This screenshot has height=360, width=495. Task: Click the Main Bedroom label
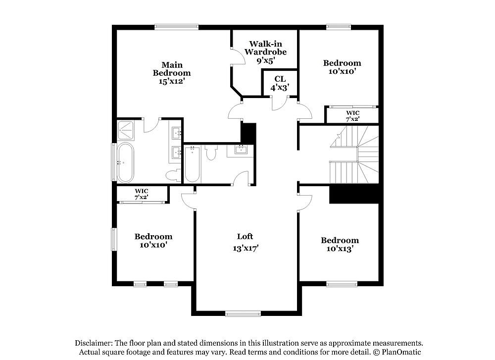pos(172,69)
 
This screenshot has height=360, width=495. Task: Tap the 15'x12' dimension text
pos(172,82)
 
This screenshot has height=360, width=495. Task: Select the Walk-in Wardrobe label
pos(265,48)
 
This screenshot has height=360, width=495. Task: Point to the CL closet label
pos(280,79)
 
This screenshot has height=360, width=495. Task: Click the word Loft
pos(245,236)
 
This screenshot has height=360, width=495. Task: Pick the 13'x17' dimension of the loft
pos(246,248)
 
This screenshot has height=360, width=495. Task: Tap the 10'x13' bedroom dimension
pos(340,249)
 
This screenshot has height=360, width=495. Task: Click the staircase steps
pos(354,154)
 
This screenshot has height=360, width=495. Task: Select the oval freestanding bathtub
pos(125,162)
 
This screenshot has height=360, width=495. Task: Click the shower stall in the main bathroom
pos(126,130)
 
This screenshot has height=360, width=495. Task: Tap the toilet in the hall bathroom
pos(211,152)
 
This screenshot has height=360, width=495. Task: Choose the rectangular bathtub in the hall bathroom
pos(192,164)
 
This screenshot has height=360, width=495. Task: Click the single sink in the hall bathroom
pos(241,150)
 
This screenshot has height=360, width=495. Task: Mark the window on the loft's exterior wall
pos(243,313)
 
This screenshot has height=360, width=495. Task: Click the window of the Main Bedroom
pos(177,27)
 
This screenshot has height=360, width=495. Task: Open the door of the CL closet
pos(279,104)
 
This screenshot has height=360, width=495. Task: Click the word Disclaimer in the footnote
pos(93,343)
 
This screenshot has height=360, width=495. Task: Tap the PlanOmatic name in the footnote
pos(401,352)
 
